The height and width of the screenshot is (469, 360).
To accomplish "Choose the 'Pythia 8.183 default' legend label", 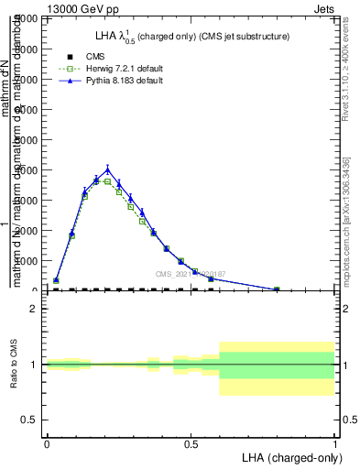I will (x=120, y=81).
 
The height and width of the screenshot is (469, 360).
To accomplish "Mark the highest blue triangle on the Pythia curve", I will (x=107, y=169).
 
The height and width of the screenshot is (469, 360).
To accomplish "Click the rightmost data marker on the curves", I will (x=277, y=289).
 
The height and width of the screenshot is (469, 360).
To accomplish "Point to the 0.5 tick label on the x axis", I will (x=191, y=442).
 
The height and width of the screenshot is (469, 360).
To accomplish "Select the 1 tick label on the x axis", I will (x=335, y=442).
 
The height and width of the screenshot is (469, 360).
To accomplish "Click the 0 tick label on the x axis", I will (x=46, y=442).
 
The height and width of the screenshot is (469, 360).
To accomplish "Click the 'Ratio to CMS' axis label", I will (x=13, y=365).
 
